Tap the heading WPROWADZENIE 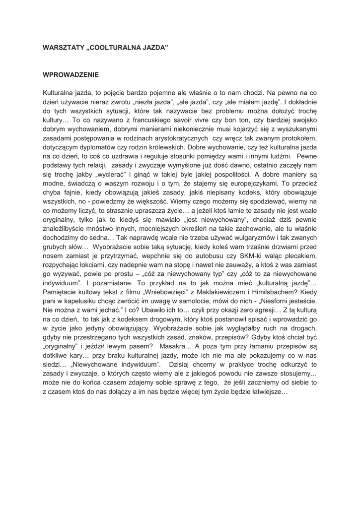[x=71, y=75]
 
